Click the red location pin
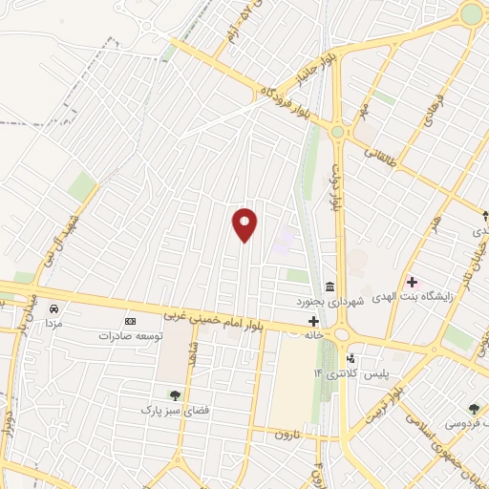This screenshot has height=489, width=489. tap(245, 224)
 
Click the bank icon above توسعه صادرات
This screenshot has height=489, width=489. tap(130, 322)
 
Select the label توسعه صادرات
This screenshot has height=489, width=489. tap(131, 336)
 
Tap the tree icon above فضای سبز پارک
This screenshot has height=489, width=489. tap(174, 394)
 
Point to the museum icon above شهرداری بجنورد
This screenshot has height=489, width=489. tap(330, 287)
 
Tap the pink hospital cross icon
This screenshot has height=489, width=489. tap(412, 282)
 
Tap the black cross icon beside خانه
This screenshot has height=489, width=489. tap(313, 322)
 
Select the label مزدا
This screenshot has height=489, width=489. tap(53, 325)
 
